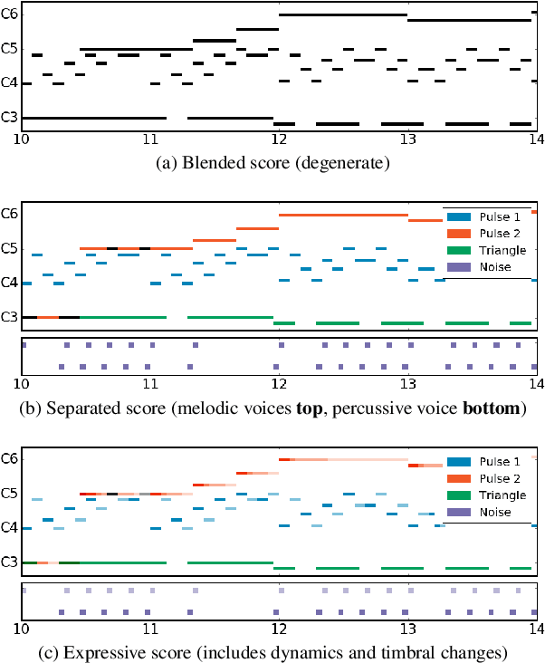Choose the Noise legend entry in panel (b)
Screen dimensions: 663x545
point(487,267)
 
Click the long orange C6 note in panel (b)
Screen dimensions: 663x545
point(344,215)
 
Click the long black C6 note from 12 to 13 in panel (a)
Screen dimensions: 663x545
point(344,14)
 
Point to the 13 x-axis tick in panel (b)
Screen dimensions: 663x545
point(408,384)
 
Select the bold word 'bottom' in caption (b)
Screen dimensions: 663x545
point(494,408)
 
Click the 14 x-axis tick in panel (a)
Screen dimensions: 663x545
point(536,140)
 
